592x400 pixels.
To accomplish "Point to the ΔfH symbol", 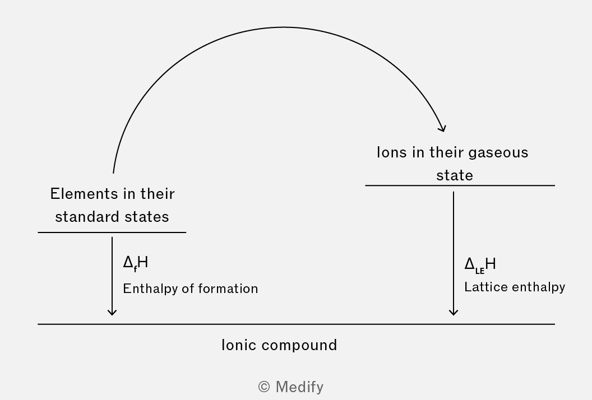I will (x=135, y=262).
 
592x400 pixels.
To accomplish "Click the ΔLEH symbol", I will (x=480, y=264).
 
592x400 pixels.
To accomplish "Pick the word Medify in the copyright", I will (x=299, y=387).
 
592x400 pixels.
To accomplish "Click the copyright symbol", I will (x=264, y=387).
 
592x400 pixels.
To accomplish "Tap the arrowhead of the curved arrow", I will (x=442, y=128).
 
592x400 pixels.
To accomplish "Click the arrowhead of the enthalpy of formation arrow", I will (x=112, y=312).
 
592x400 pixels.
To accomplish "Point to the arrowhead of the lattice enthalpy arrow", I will (x=454, y=312).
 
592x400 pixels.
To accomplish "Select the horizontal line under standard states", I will (x=112, y=232).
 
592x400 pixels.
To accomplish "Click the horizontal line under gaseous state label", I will (x=460, y=185).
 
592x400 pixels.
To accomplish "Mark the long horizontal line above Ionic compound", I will (x=296, y=324).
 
